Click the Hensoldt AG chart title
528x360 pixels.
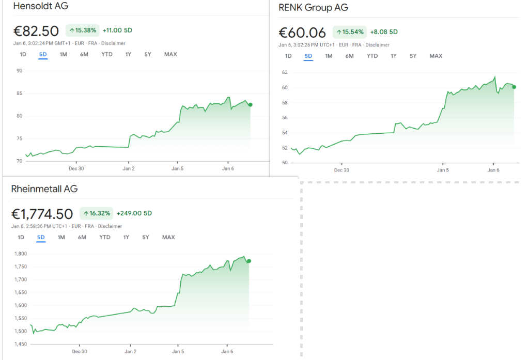[x=41, y=6]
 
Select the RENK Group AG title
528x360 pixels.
[x=313, y=7]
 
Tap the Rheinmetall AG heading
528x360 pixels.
[x=44, y=189]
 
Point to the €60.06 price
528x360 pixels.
[x=302, y=33]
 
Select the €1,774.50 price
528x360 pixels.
[x=42, y=213]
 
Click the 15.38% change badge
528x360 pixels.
[x=83, y=30]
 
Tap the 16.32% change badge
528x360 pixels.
[x=96, y=213]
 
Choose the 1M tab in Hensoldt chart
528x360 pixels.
[x=64, y=54]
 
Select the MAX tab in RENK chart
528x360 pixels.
[x=436, y=56]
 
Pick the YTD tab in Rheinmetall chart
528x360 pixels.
[x=105, y=237]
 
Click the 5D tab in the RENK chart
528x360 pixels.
[x=308, y=56]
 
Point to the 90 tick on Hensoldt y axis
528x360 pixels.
[x=19, y=71]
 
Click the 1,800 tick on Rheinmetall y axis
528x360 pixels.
[x=21, y=254]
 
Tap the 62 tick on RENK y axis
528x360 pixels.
[x=285, y=72]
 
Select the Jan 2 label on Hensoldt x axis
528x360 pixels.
[x=128, y=168]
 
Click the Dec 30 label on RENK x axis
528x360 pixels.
[x=341, y=170]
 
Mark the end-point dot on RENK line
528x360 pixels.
[x=514, y=87]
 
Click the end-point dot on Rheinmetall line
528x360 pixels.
[x=249, y=261]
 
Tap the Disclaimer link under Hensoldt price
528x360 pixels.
[x=114, y=43]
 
